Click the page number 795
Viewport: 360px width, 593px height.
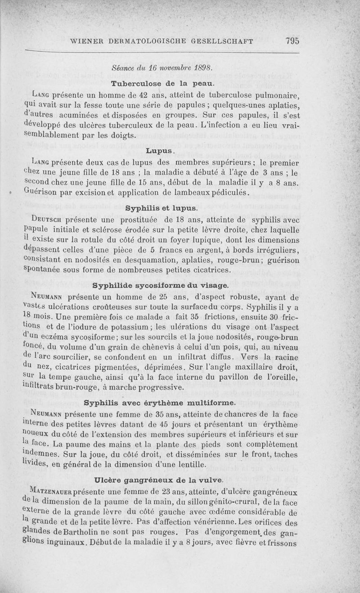click(292, 41)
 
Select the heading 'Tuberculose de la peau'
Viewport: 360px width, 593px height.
click(161, 84)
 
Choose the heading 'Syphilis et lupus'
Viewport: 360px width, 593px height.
click(161, 208)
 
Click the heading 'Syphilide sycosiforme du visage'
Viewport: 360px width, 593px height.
click(161, 285)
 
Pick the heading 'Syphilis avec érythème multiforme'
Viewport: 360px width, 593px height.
click(161, 402)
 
